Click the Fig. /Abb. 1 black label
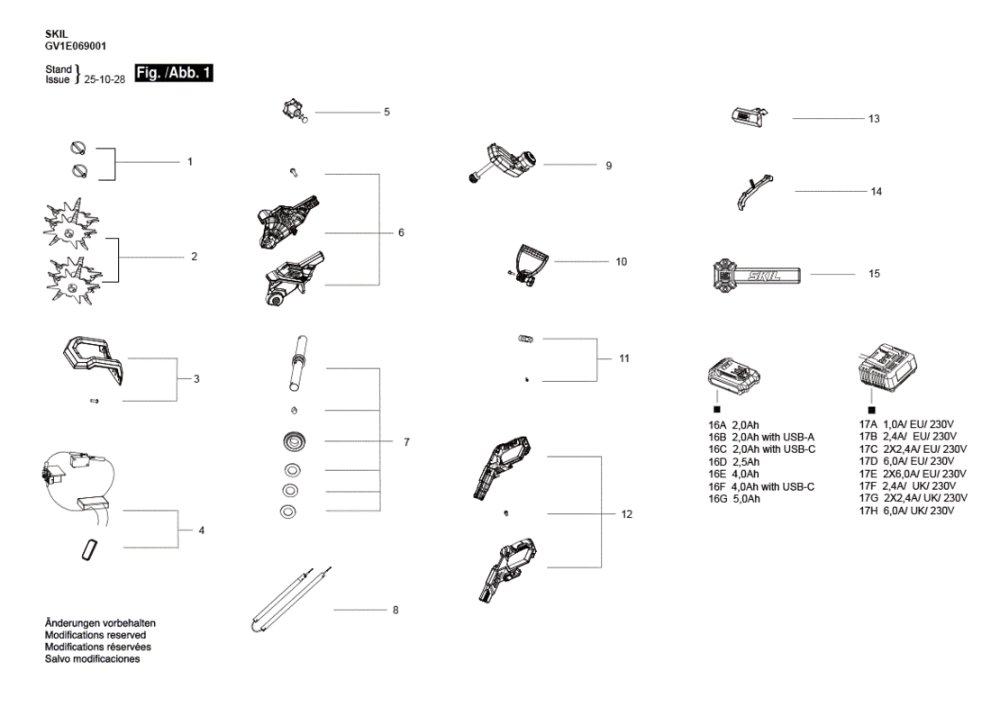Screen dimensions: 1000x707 click(x=174, y=73)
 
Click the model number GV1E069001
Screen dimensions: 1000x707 click(x=76, y=46)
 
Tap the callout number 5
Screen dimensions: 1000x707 click(x=386, y=112)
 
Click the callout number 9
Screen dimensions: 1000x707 click(x=608, y=166)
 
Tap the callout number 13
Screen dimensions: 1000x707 click(x=874, y=119)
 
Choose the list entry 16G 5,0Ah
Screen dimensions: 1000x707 click(x=734, y=499)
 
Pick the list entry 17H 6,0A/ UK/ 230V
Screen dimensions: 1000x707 click(x=906, y=511)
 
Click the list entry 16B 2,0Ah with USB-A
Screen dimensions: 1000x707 click(x=761, y=438)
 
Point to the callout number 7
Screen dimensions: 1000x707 click(x=406, y=442)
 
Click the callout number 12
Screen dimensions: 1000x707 click(x=626, y=514)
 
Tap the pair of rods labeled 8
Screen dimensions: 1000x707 click(x=292, y=598)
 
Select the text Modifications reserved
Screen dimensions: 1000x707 click(x=95, y=635)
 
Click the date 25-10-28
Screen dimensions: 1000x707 click(x=105, y=79)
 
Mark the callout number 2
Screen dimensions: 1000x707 click(x=194, y=257)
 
